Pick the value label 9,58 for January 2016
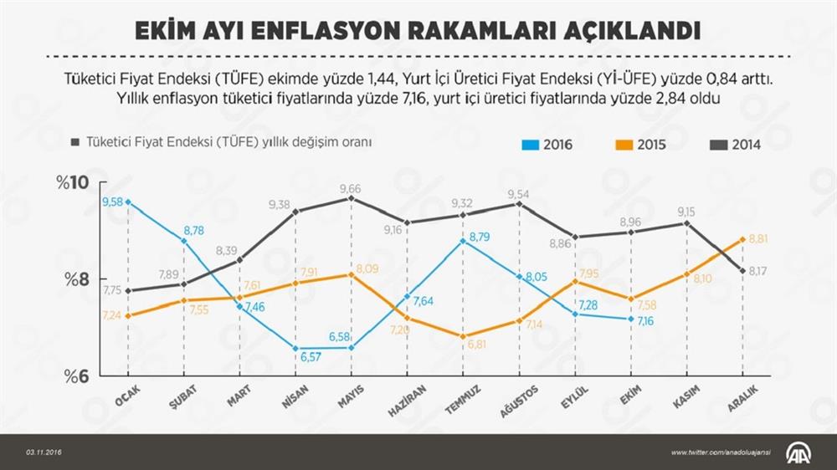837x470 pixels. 113,202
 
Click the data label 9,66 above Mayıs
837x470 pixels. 351,189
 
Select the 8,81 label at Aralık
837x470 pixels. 758,239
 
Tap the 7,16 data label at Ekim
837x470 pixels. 644,321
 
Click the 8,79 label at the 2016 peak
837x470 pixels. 479,238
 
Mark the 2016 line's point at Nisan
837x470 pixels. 295,348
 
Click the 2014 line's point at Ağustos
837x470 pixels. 519,203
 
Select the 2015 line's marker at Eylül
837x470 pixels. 575,281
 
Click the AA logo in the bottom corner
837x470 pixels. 798,452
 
